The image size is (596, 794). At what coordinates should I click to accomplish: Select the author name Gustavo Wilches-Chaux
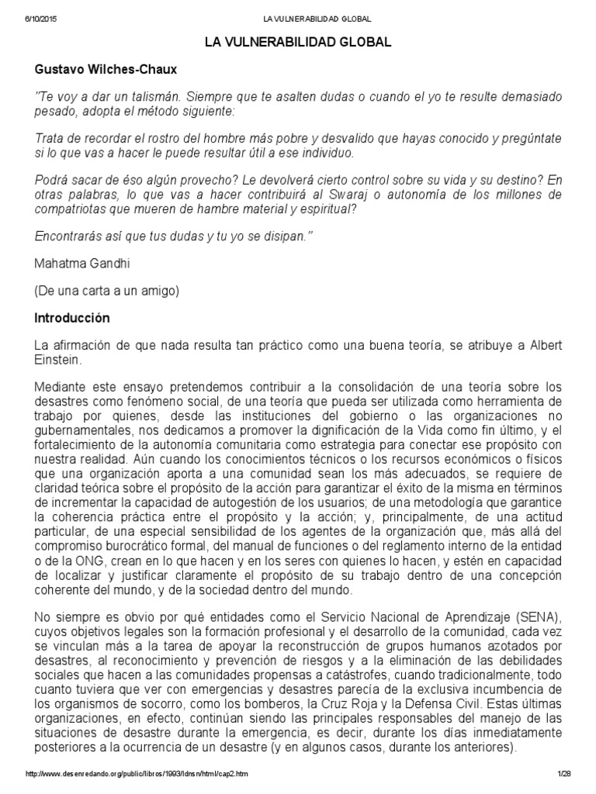click(106, 70)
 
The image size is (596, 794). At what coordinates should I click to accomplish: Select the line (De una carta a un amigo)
click(106, 291)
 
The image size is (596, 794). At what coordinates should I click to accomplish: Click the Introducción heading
click(73, 318)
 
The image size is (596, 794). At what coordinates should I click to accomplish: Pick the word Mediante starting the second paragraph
click(60, 386)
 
